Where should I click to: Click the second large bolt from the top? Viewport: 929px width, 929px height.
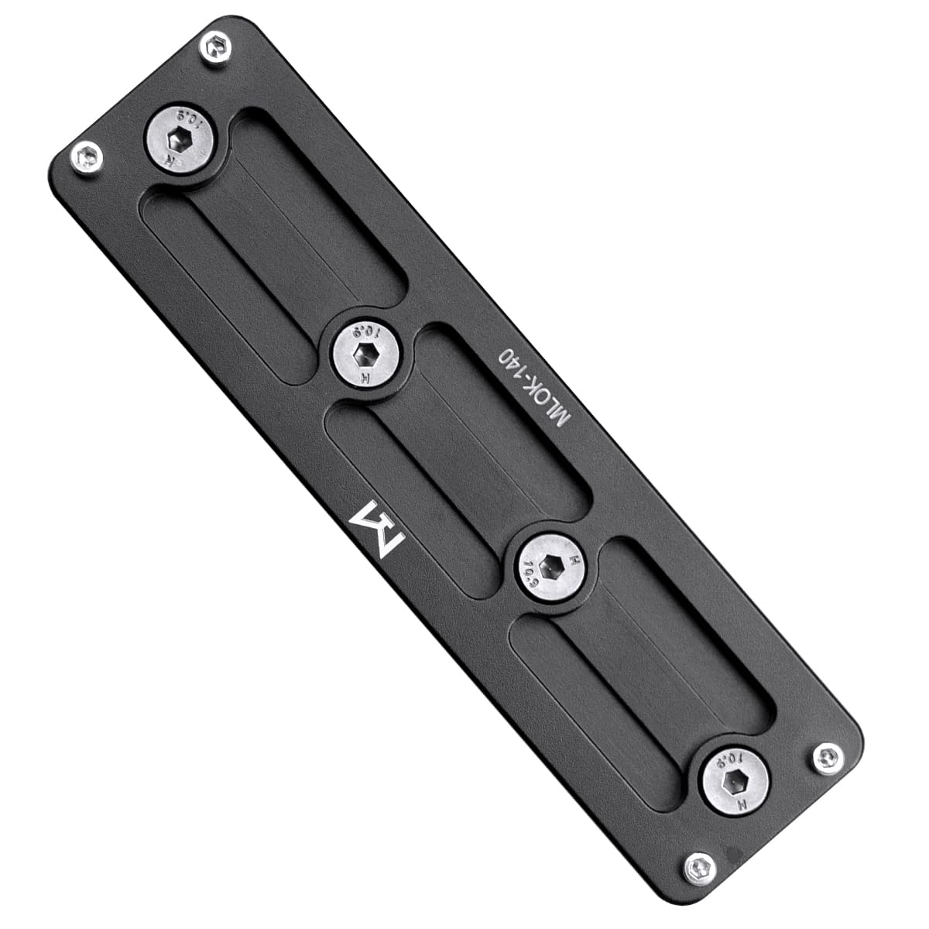(366, 354)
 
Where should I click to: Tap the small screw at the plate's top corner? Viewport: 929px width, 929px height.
(216, 48)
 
